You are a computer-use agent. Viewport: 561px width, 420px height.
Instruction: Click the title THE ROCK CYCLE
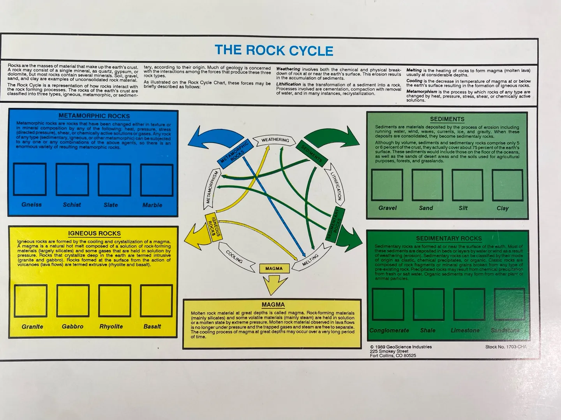pos(274,51)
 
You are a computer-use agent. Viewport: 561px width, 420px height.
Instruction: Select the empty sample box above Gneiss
pos(30,179)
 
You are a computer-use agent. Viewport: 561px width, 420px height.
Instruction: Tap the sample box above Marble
pos(157,180)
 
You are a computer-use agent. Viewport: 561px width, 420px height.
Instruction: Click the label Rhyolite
pos(111,327)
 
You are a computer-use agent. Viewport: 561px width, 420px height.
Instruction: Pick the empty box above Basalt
pos(156,301)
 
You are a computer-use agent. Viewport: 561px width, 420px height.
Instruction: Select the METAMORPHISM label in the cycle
pos(211,187)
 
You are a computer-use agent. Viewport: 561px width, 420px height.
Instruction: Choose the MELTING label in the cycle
pos(311,260)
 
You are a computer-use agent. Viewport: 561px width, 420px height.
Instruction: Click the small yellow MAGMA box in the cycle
pos(274,268)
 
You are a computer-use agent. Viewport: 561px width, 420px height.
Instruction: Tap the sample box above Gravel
pos(387,185)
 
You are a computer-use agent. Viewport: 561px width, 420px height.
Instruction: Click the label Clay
pos(503,208)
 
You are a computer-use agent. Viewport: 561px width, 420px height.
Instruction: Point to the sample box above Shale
pos(428,304)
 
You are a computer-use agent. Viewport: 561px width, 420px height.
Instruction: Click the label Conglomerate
pos(389,331)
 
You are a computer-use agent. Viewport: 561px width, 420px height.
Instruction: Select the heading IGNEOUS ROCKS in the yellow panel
pos(94,234)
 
